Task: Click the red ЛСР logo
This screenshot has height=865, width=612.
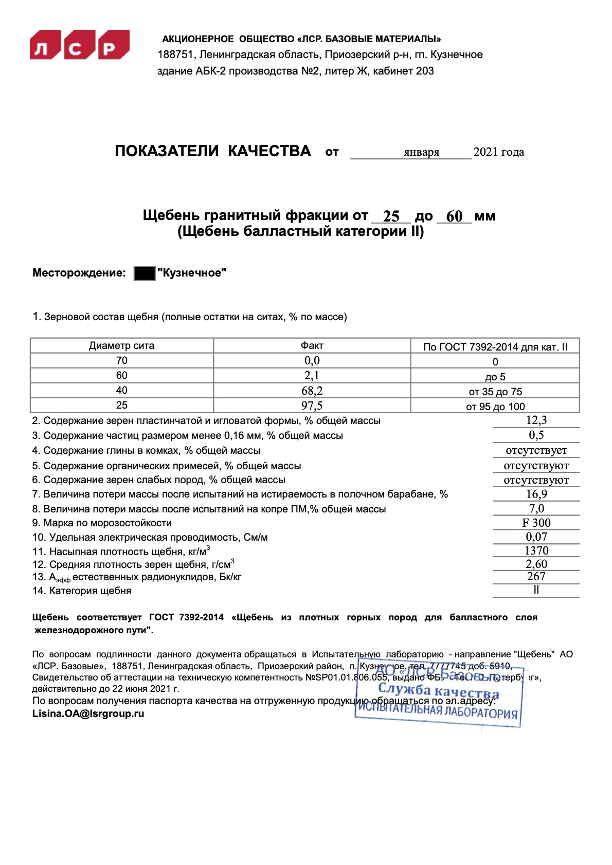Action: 80,45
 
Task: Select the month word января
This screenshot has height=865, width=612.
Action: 421,152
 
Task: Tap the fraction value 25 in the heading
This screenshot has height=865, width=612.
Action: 391,216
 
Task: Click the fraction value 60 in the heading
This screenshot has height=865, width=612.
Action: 454,216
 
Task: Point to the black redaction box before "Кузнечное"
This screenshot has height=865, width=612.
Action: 145,273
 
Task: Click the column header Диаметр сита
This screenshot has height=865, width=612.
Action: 121,346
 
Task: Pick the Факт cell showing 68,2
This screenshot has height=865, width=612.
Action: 312,391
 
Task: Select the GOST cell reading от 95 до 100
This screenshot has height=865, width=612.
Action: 495,407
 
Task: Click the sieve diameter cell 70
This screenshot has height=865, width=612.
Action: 121,360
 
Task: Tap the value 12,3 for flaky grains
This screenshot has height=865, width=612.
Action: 536,420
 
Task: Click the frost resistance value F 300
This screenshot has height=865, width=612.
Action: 536,523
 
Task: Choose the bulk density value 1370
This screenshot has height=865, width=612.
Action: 536,550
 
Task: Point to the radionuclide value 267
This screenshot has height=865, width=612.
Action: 536,577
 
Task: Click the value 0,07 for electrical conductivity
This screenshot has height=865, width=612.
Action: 536,537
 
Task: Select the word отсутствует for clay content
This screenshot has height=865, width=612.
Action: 536,450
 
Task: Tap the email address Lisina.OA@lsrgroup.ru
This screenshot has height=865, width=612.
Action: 88,713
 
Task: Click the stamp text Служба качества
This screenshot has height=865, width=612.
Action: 438,691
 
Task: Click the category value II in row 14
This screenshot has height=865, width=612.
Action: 536,590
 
